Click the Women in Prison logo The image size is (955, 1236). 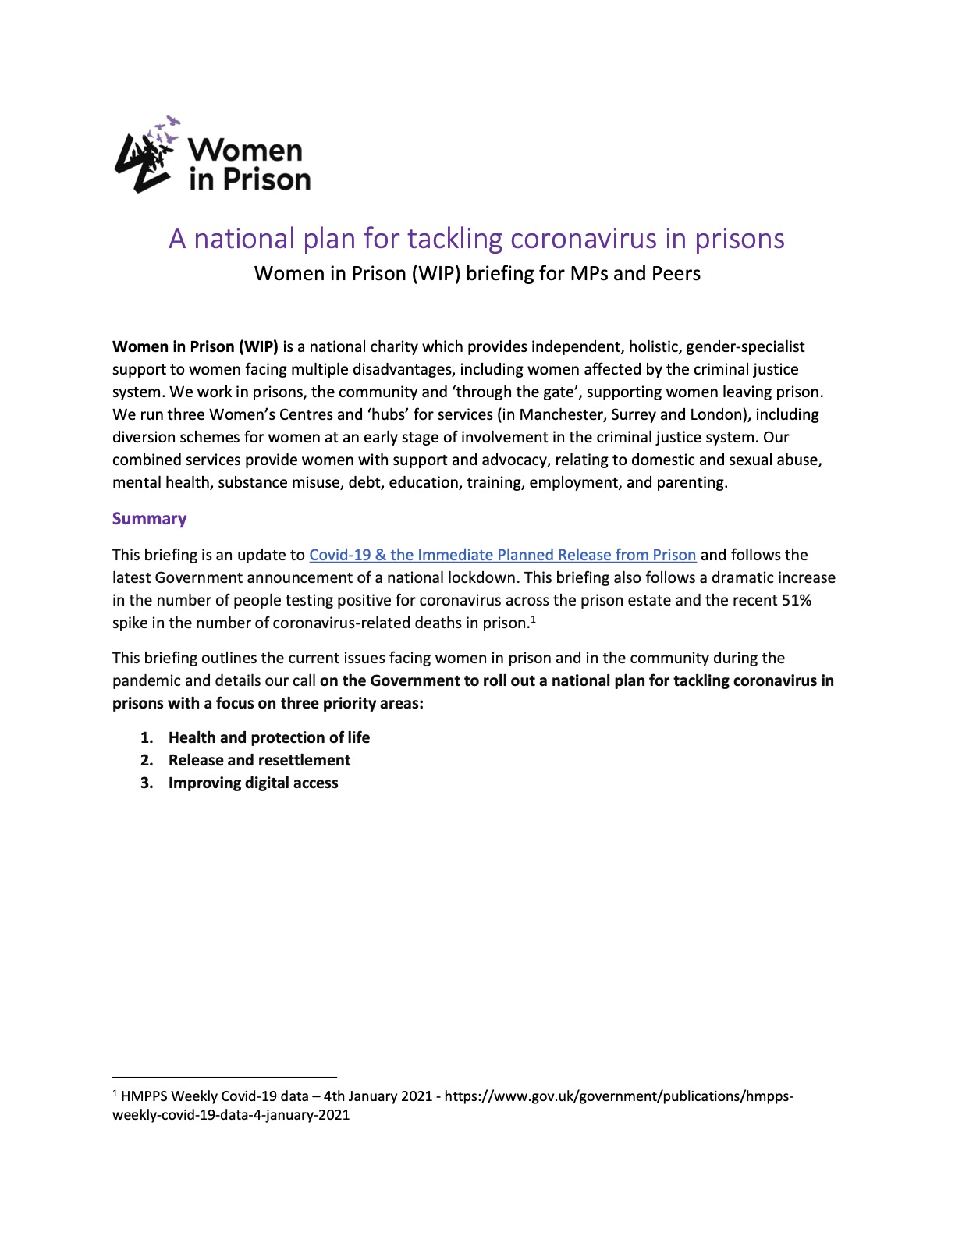[x=212, y=155]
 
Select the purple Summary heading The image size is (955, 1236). [x=149, y=519]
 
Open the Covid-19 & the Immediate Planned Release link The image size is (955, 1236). [x=502, y=555]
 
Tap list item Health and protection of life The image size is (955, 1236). [x=268, y=737]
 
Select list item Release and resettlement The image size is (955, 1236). [x=259, y=760]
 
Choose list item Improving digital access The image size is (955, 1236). [x=253, y=783]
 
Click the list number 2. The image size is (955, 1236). [x=146, y=760]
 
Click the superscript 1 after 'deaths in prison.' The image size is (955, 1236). [x=532, y=620]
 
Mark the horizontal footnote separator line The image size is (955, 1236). [x=224, y=1077]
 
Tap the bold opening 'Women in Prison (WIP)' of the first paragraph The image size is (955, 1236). [x=195, y=346]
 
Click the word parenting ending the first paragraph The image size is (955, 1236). [x=693, y=482]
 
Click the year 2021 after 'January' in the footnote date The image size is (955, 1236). [x=416, y=1096]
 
